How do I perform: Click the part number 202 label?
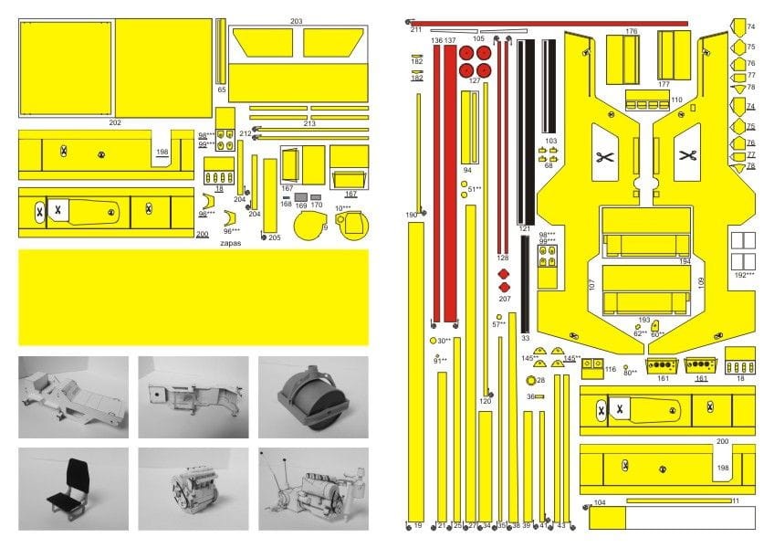click(x=114, y=121)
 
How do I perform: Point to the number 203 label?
click(x=296, y=21)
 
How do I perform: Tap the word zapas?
click(x=232, y=244)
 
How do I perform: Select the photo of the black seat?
click(x=73, y=488)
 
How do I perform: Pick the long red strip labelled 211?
click(x=548, y=23)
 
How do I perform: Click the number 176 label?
click(x=631, y=31)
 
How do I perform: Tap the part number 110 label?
click(x=676, y=100)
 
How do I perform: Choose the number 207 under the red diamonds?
click(x=505, y=299)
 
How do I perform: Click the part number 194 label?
click(x=685, y=262)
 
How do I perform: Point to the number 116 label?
click(x=610, y=369)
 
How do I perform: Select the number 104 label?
click(x=600, y=503)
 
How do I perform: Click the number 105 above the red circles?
click(x=478, y=39)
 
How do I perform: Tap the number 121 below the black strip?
click(x=524, y=228)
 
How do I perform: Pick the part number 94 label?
click(x=467, y=170)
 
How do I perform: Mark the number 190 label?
click(x=412, y=215)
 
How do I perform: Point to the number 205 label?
click(x=275, y=237)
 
